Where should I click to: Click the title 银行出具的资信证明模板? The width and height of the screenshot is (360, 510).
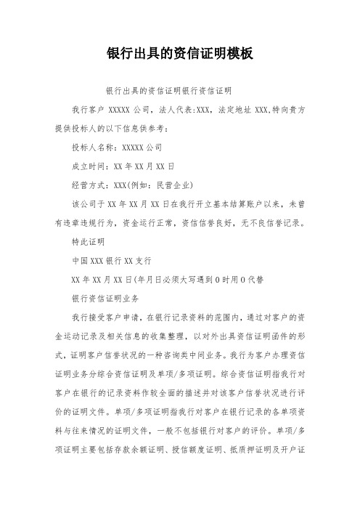(x=180, y=54)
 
